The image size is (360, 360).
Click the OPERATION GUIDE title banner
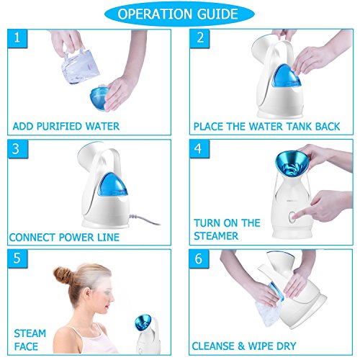pyautogui.click(x=179, y=14)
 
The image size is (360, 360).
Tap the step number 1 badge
pyautogui.click(x=17, y=38)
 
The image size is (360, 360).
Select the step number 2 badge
pyautogui.click(x=199, y=38)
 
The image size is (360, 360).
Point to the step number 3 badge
pyautogui.click(x=17, y=149)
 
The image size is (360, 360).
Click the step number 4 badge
pyautogui.click(x=199, y=149)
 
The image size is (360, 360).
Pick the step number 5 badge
pyautogui.click(x=17, y=258)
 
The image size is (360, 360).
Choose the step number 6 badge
pyautogui.click(x=199, y=259)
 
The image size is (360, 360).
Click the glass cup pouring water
pyautogui.click(x=80, y=66)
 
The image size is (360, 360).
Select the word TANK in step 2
pyautogui.click(x=299, y=127)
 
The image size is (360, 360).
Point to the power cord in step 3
pyautogui.click(x=144, y=219)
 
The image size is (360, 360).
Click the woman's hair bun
pyautogui.click(x=63, y=276)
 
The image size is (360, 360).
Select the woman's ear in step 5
pyautogui.click(x=88, y=293)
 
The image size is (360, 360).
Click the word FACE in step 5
pyautogui.click(x=26, y=346)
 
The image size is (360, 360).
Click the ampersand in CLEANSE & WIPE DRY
pyautogui.click(x=241, y=346)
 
